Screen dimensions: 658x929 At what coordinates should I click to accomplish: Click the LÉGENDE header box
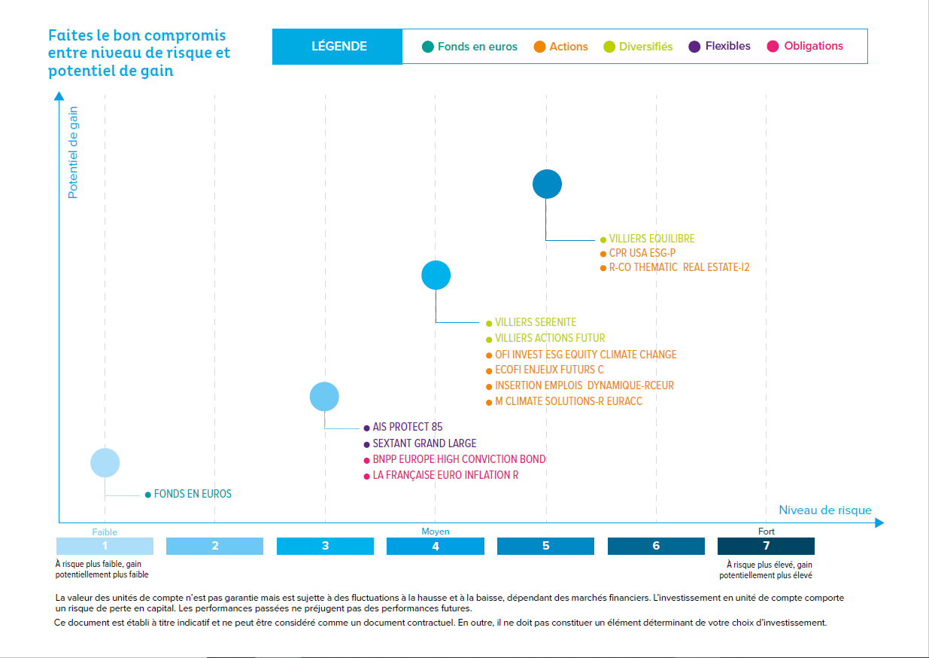(339, 47)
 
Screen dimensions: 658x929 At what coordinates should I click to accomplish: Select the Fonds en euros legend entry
(470, 47)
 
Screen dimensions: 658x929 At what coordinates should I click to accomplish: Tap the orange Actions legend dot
(539, 47)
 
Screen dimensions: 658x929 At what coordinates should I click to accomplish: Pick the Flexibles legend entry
(720, 47)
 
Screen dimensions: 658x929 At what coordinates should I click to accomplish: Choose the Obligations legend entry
(806, 47)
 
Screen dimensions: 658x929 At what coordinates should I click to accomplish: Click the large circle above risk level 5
(547, 184)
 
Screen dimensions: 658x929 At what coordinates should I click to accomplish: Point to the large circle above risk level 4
(436, 275)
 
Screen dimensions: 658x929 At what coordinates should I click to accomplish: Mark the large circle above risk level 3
(325, 396)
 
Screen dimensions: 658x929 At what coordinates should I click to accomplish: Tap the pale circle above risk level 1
(105, 462)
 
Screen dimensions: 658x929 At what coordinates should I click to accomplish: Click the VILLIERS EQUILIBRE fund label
(651, 239)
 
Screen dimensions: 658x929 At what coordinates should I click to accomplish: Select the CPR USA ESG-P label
(642, 253)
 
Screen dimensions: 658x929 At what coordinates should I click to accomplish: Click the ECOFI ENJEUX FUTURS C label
(549, 370)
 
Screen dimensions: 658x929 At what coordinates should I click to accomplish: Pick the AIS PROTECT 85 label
(407, 427)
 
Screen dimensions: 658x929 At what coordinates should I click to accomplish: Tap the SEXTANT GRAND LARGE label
(424, 443)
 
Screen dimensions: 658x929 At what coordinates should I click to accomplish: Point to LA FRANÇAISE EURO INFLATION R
(445, 475)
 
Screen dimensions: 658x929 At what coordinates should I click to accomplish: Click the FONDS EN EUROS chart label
(193, 494)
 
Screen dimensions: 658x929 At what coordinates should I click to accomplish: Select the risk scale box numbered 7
(766, 546)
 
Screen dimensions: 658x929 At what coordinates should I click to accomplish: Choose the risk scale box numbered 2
(214, 546)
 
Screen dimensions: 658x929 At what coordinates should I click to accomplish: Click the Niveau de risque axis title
(824, 510)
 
